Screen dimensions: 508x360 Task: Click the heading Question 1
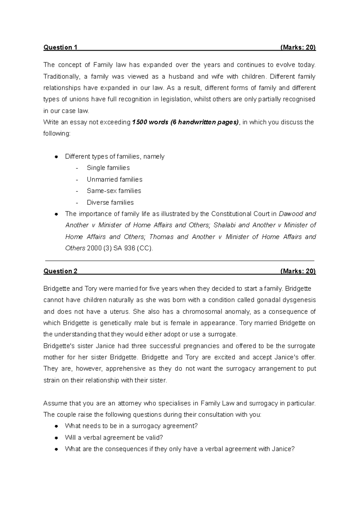[x=60, y=47]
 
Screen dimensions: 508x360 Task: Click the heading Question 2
[x=60, y=271]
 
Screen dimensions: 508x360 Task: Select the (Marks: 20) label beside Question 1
[x=298, y=47]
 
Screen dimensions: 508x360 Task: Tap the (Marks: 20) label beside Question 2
[x=298, y=271]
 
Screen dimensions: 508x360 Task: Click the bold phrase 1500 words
[x=150, y=122]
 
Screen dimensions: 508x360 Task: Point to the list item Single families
[x=108, y=168]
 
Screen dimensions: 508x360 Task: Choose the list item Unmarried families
[x=114, y=179]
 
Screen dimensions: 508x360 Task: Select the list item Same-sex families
[x=114, y=191]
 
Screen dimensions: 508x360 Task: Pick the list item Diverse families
[x=110, y=202]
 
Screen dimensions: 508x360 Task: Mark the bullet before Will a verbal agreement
[x=56, y=438]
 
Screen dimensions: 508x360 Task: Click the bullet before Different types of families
[x=56, y=157]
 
